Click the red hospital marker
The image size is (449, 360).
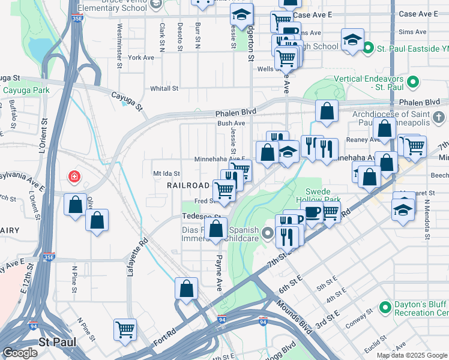click(x=74, y=177)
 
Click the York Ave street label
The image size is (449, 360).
click(x=141, y=58)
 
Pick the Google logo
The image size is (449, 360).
click(x=19, y=353)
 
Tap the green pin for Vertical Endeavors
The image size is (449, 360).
click(x=412, y=81)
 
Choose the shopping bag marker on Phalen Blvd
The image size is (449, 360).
click(x=326, y=111)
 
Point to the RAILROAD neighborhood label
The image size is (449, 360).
click(x=188, y=186)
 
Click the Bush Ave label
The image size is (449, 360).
click(x=228, y=123)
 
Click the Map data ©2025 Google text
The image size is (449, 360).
click(x=412, y=355)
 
